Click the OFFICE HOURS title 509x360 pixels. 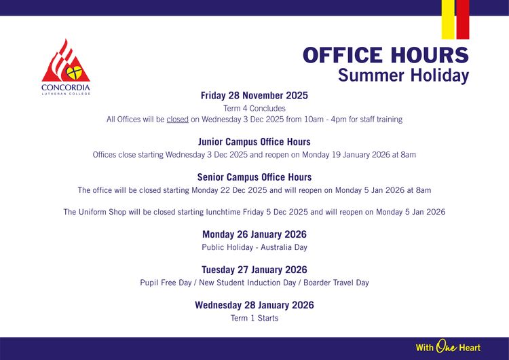coord(385,55)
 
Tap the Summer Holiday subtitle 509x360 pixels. coord(403,75)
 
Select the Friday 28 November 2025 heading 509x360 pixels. coord(254,96)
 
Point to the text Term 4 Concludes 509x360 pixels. coord(254,108)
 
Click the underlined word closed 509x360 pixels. coord(177,120)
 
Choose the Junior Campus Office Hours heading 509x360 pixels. coord(254,142)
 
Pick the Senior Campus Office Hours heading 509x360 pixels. coord(254,177)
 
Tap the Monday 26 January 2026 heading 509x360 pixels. coord(254,234)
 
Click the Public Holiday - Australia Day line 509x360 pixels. coord(254,247)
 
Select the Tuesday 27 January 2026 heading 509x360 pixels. coord(254,270)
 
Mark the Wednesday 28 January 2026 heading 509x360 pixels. coord(254,305)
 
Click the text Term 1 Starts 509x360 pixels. coord(254,318)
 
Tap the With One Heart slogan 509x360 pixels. coord(448,347)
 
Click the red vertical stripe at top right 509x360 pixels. coord(462,19)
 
